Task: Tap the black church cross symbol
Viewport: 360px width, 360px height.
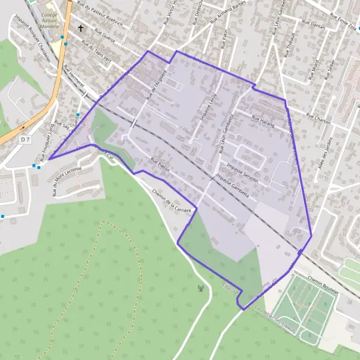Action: [x=80, y=28]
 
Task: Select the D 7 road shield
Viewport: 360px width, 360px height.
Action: [x=25, y=139]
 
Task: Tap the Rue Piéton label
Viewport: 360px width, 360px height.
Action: [x=160, y=166]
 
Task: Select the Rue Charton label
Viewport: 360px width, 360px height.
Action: [x=319, y=118]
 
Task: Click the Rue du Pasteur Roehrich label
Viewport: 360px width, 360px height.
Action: [x=100, y=16]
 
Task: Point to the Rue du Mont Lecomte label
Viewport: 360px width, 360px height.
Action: [x=62, y=182]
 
